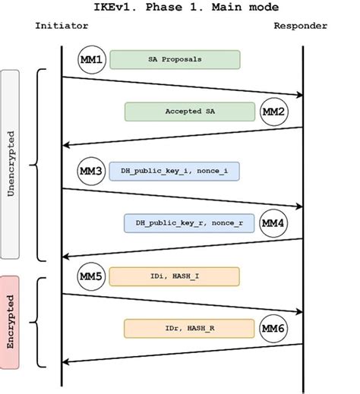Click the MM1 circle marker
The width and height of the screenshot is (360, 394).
(91, 59)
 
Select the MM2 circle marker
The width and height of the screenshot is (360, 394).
(273, 112)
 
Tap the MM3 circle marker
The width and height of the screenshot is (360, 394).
(91, 172)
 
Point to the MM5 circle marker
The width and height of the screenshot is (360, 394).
(91, 276)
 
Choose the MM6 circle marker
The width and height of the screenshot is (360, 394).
(273, 328)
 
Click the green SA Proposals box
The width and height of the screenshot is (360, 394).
(175, 59)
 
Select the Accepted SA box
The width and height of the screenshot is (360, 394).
(189, 112)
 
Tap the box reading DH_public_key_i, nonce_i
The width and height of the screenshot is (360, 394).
(175, 172)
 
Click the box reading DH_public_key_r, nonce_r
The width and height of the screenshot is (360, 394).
(189, 223)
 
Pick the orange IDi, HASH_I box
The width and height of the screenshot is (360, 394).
(175, 276)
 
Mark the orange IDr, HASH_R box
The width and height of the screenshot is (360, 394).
(189, 328)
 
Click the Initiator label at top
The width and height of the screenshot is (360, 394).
(62, 26)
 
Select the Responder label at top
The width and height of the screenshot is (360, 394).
(302, 26)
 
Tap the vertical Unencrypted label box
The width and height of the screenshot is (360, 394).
(11, 164)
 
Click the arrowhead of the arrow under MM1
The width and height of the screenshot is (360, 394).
(298, 95)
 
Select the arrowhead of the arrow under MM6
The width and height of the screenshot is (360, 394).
(66, 363)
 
